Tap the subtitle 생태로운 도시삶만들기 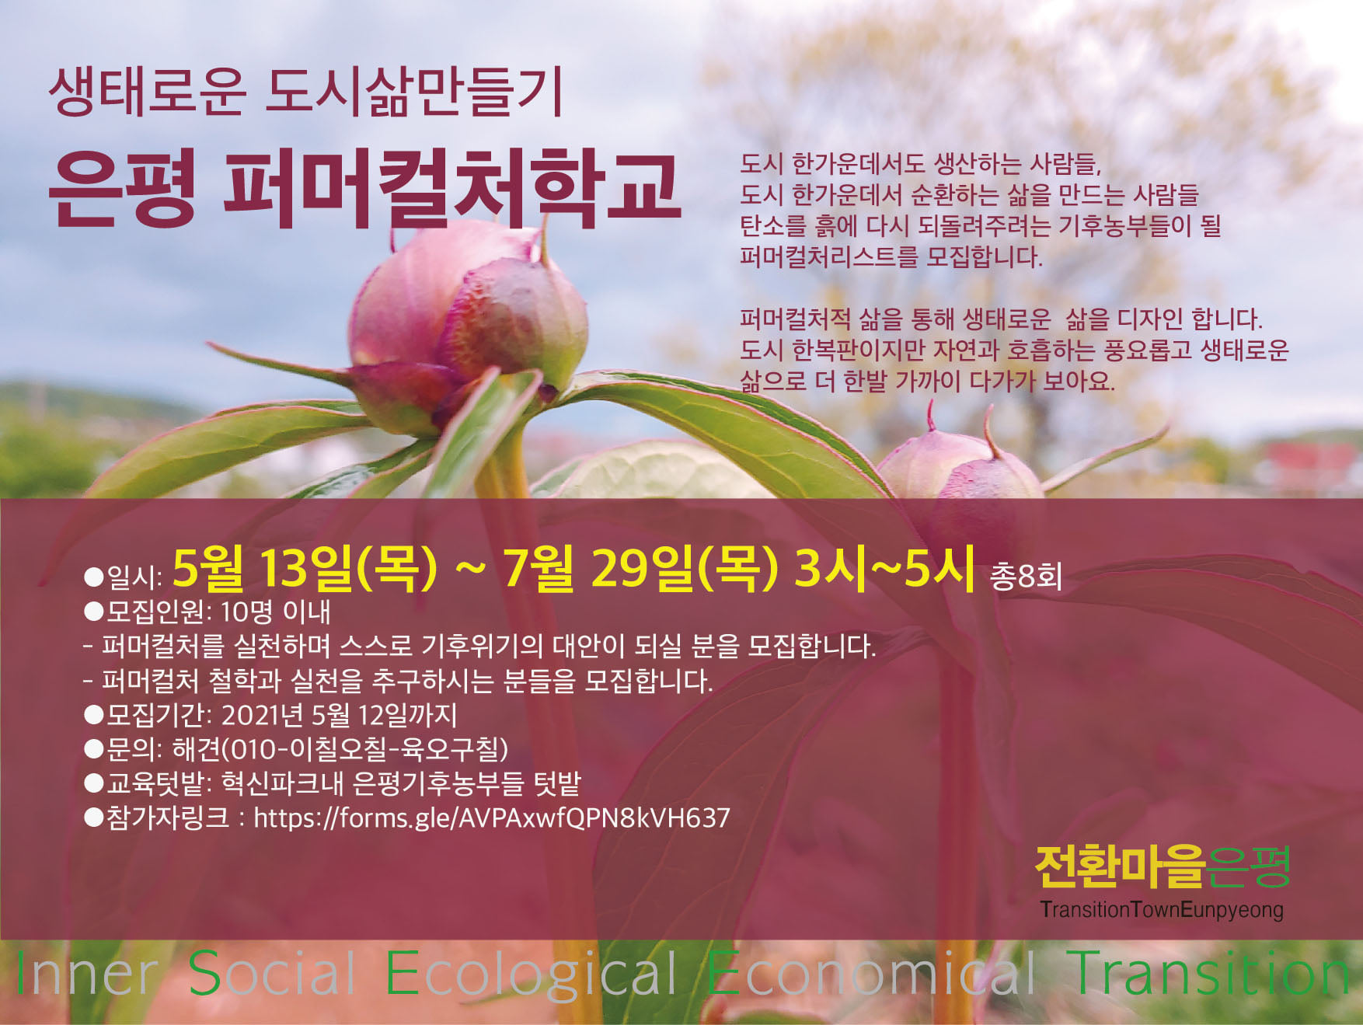[305, 92]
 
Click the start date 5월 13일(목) [305, 568]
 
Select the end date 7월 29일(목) [640, 568]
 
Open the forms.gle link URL [492, 818]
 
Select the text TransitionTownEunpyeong [1162, 909]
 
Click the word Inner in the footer [86, 974]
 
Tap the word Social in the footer [272, 974]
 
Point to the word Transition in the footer [1210, 974]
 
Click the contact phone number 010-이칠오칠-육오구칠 [365, 749]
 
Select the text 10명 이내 [276, 612]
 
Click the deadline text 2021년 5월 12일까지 [340, 715]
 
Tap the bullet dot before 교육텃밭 [94, 783]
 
